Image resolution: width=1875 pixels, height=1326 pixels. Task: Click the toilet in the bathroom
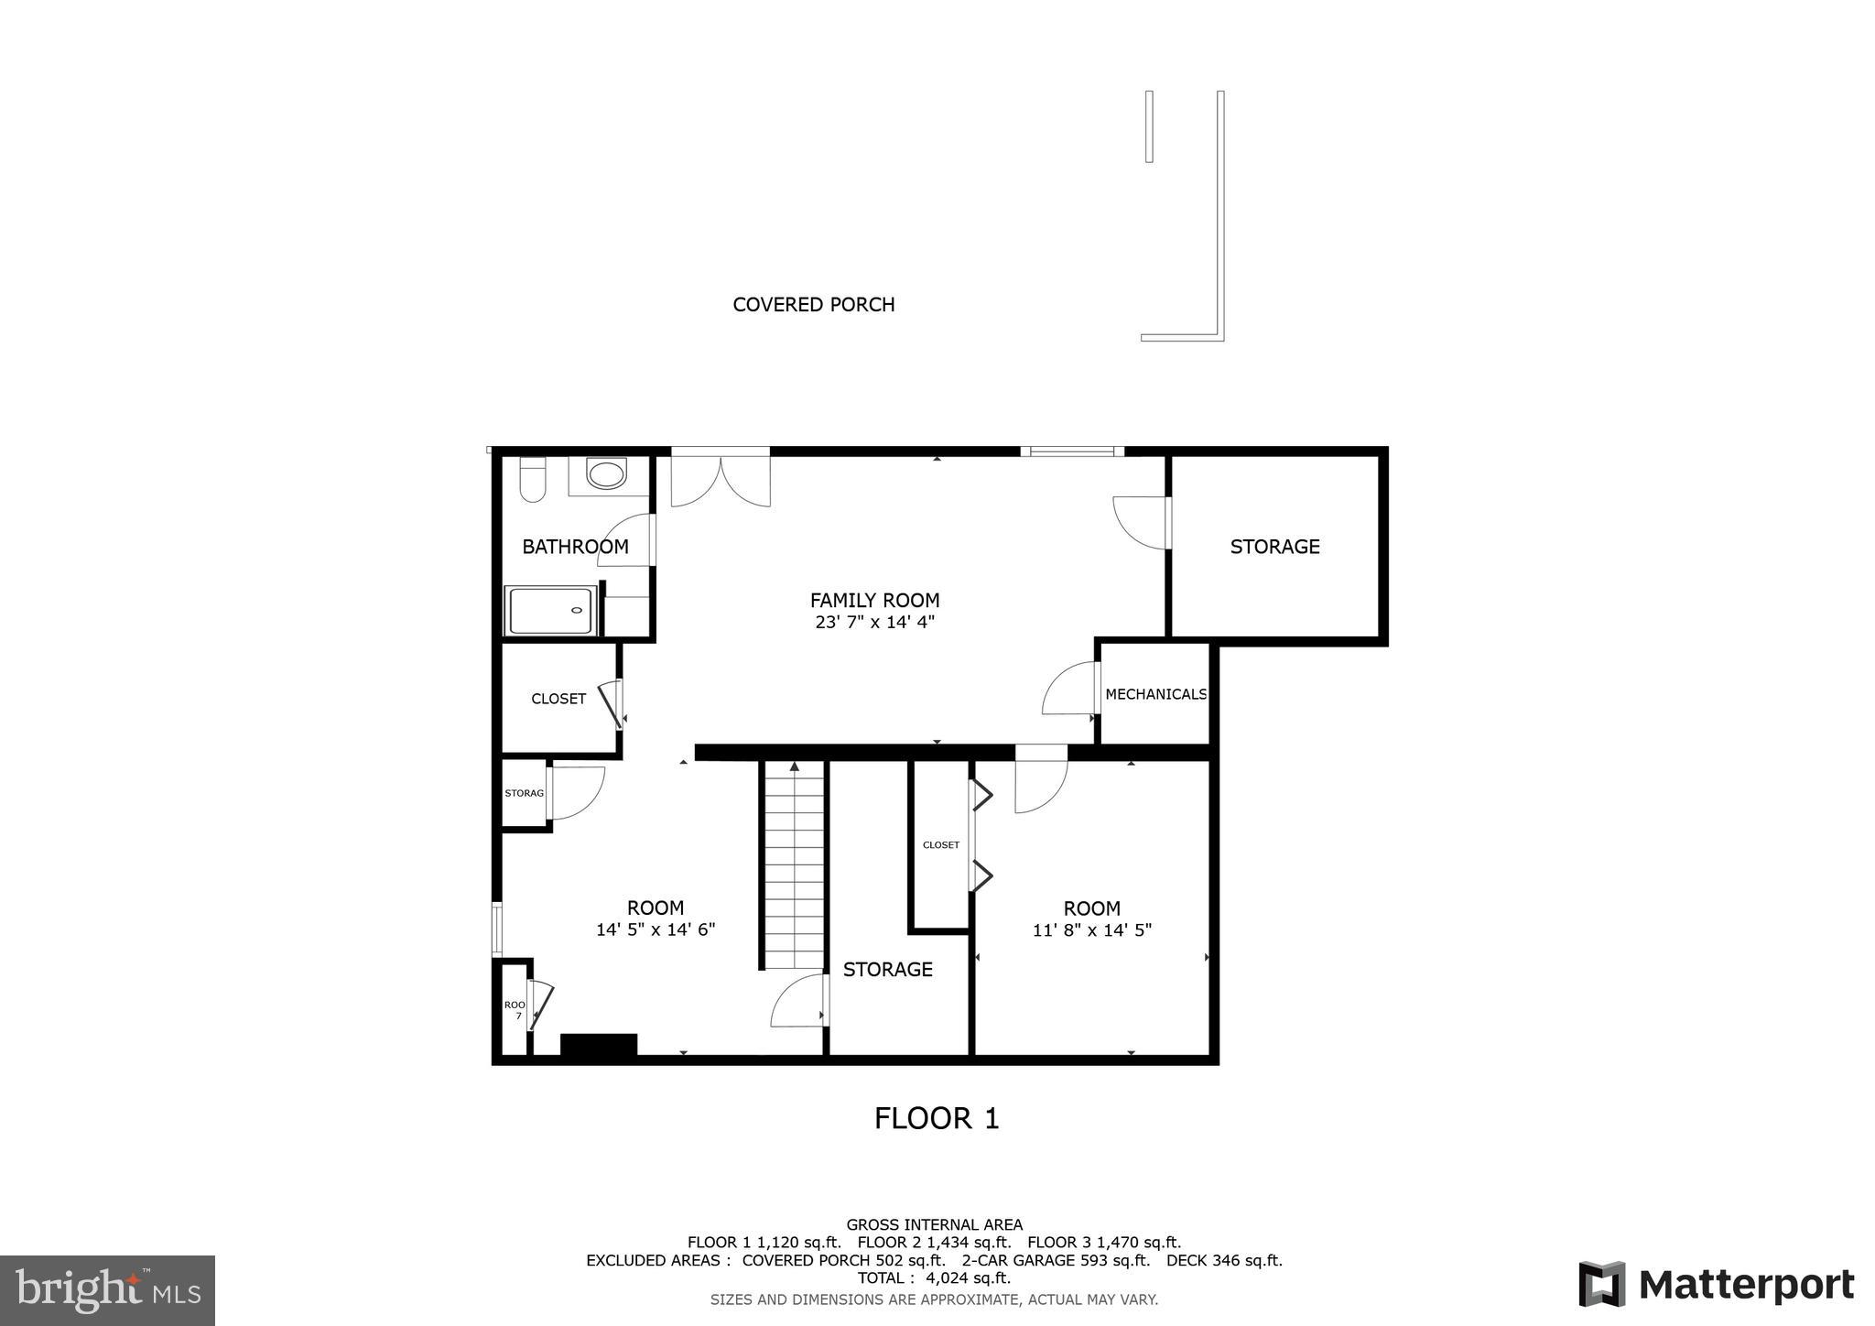(x=533, y=480)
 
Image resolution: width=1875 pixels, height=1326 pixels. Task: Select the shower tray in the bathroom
(x=550, y=611)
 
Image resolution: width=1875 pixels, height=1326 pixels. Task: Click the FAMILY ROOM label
(x=874, y=601)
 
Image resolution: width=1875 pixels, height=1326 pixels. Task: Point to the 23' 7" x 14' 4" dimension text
(x=874, y=623)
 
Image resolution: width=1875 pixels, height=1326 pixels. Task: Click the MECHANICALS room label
(x=1155, y=694)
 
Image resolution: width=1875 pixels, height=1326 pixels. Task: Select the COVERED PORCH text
(x=813, y=305)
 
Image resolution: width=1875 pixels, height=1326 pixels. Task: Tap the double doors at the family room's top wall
(x=721, y=479)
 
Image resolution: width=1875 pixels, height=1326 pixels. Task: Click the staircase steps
(x=795, y=870)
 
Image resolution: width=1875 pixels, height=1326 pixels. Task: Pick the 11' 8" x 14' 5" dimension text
(x=1091, y=930)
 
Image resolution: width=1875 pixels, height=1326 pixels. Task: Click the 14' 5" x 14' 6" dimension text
(x=655, y=929)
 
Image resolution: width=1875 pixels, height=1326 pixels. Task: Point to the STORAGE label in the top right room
(x=1274, y=547)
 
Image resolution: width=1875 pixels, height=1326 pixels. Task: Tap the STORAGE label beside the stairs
(x=887, y=970)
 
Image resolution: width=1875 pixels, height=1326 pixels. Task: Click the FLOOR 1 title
(x=936, y=1118)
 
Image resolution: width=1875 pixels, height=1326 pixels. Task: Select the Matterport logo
(x=1717, y=1285)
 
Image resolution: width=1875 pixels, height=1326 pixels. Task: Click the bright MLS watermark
(x=107, y=1290)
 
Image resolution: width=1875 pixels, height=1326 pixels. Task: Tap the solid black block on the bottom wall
(x=598, y=1045)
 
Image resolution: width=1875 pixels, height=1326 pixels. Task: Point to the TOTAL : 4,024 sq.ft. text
(x=934, y=1277)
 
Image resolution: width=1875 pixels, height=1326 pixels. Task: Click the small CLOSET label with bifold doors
(x=940, y=845)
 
